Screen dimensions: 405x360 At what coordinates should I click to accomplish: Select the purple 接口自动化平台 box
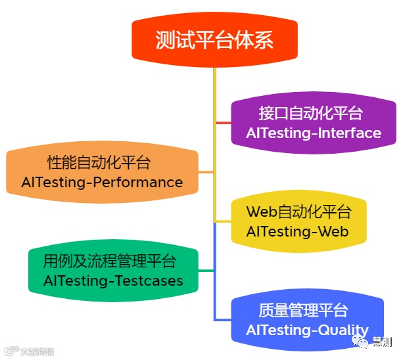313,123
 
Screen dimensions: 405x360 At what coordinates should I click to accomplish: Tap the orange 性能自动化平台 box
102,172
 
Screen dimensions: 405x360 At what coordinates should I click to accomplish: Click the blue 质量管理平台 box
307,320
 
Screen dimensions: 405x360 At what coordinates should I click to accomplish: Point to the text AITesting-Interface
314,133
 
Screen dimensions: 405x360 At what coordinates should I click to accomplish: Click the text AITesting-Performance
102,182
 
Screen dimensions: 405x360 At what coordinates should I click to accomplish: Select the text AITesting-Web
297,232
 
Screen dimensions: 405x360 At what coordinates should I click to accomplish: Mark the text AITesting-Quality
307,330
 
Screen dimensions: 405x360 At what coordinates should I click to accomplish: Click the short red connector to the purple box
224,123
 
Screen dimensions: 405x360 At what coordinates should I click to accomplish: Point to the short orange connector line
206,172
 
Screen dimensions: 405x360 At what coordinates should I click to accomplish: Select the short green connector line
206,271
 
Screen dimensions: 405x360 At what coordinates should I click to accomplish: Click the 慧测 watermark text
382,342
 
